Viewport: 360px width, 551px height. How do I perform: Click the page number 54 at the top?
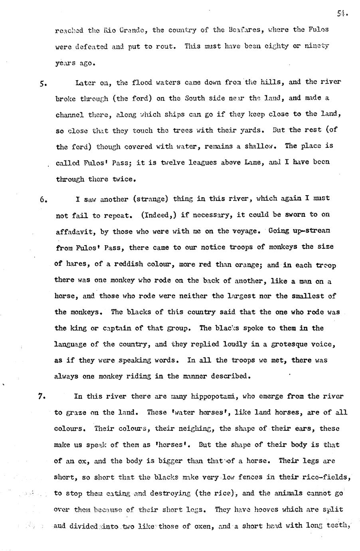pos(342,14)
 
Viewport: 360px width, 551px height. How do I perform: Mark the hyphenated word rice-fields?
pos(325,477)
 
